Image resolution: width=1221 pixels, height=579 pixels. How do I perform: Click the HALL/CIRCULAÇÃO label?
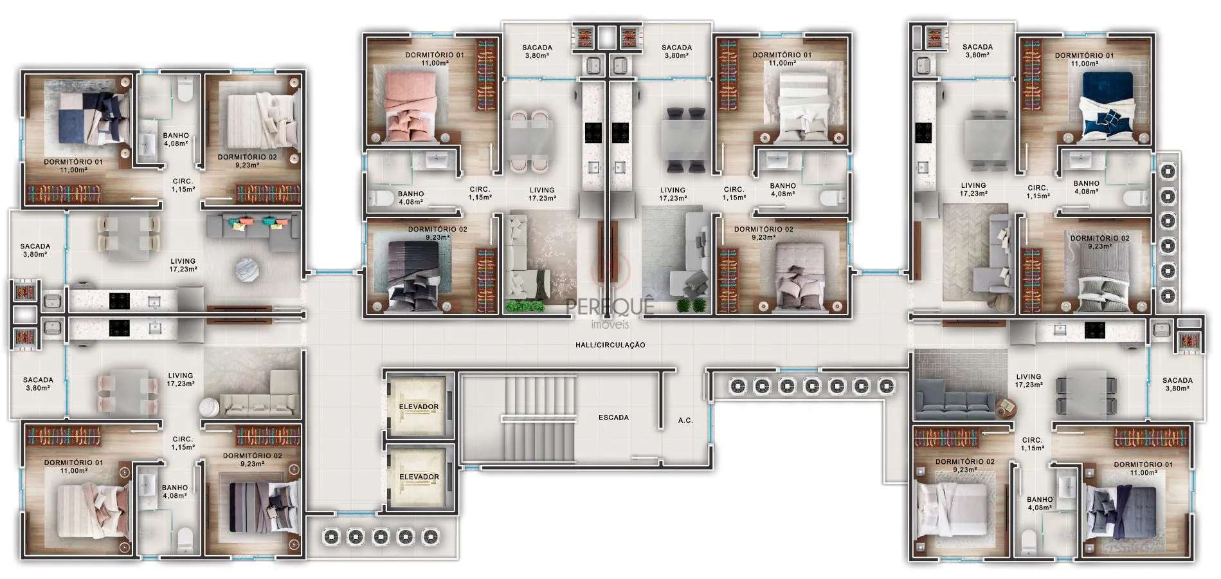(x=610, y=345)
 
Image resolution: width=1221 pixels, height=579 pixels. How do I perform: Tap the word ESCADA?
(x=613, y=418)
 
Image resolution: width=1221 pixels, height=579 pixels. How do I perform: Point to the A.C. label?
(x=685, y=420)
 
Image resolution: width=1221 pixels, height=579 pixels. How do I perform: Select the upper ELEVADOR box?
(x=419, y=406)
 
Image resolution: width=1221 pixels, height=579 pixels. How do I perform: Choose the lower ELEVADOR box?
(x=419, y=477)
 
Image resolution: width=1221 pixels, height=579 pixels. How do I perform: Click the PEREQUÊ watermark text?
(x=610, y=304)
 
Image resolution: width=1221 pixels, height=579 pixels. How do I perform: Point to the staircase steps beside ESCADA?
(x=539, y=418)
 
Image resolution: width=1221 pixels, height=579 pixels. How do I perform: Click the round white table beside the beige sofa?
(x=210, y=408)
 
